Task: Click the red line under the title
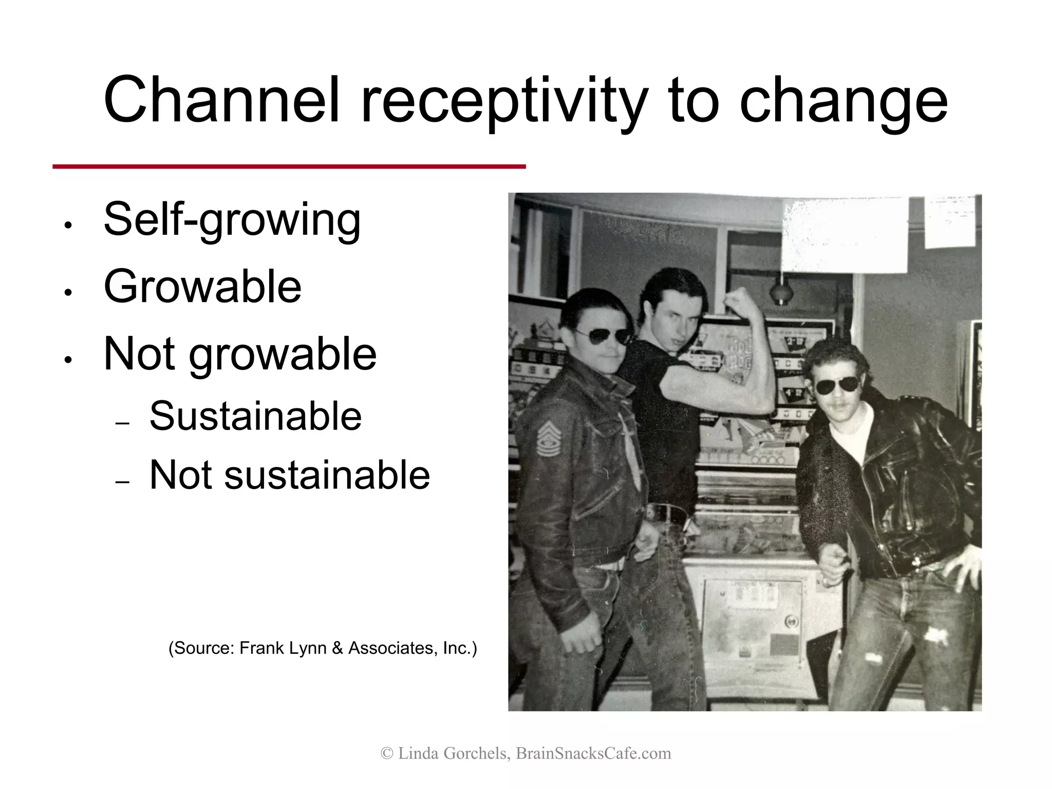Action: tap(289, 166)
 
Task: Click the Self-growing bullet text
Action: tap(232, 220)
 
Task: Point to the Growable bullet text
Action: tap(202, 286)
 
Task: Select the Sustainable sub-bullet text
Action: tap(255, 416)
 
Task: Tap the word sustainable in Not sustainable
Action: tap(327, 475)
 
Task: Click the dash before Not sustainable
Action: tap(122, 482)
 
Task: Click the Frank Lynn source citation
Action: tap(323, 648)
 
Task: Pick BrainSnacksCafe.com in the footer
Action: tap(593, 753)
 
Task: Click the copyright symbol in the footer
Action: tap(387, 754)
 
